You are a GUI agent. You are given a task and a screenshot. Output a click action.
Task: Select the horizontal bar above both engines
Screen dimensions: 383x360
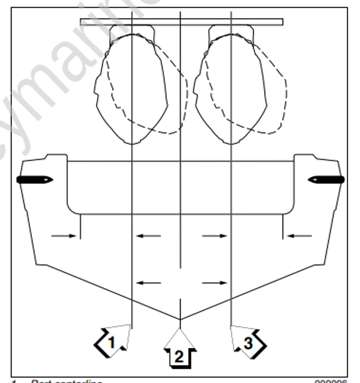click(181, 22)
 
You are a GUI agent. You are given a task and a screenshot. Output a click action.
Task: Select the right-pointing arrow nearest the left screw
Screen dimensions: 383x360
click(64, 236)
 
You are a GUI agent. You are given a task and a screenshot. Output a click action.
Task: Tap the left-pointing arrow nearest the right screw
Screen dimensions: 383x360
click(297, 236)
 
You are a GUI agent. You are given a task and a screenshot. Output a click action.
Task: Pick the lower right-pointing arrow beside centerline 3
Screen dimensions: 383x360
click(214, 282)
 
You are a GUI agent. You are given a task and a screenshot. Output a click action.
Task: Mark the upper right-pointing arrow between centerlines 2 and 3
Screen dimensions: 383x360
click(214, 236)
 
